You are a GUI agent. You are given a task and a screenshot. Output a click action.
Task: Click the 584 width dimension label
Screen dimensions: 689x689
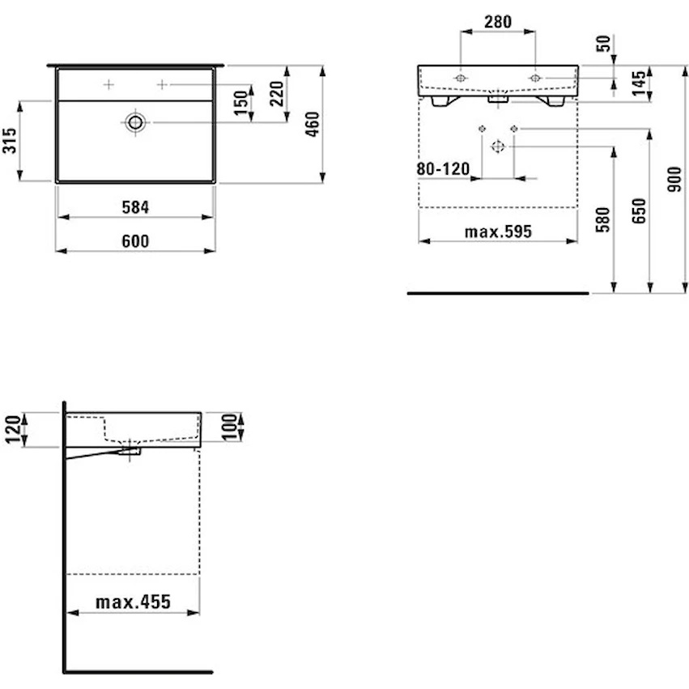pos(135,207)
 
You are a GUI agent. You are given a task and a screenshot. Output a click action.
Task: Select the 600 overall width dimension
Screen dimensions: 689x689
pos(135,241)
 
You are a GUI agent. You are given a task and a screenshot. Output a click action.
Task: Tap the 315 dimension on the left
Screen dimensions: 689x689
pos(10,141)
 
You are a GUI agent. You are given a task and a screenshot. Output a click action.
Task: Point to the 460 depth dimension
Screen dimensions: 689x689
pos(313,125)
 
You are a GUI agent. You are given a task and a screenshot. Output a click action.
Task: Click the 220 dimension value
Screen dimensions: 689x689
pos(277,94)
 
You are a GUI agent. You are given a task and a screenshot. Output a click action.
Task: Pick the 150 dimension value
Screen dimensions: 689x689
pos(241,104)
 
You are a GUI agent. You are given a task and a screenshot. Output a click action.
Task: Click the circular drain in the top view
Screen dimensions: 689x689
pos(135,122)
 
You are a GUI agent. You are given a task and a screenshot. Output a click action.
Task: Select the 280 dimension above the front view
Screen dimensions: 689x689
pos(498,22)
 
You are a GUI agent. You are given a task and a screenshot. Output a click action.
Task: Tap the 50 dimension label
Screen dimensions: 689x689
pos(604,44)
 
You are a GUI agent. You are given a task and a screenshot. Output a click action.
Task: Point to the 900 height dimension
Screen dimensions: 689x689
pos(674,179)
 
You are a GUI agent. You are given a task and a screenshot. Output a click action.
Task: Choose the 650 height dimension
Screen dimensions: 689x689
pos(640,211)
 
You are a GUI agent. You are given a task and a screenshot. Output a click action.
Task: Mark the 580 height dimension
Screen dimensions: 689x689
pos(603,219)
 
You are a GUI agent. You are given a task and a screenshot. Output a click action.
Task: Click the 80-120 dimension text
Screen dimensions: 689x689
pos(443,168)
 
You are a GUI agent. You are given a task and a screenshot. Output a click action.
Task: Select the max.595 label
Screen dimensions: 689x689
pos(498,232)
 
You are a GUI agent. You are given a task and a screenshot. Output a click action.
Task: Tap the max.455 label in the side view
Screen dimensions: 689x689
pos(133,602)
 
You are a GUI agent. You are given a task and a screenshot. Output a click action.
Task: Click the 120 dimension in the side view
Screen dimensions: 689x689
pos(12,429)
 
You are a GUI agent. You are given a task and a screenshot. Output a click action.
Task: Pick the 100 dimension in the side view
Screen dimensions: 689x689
pos(230,427)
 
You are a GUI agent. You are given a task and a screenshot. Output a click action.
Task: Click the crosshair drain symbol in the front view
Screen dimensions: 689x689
pos(498,147)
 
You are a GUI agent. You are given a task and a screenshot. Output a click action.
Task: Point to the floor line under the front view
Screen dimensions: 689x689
pos(498,293)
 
